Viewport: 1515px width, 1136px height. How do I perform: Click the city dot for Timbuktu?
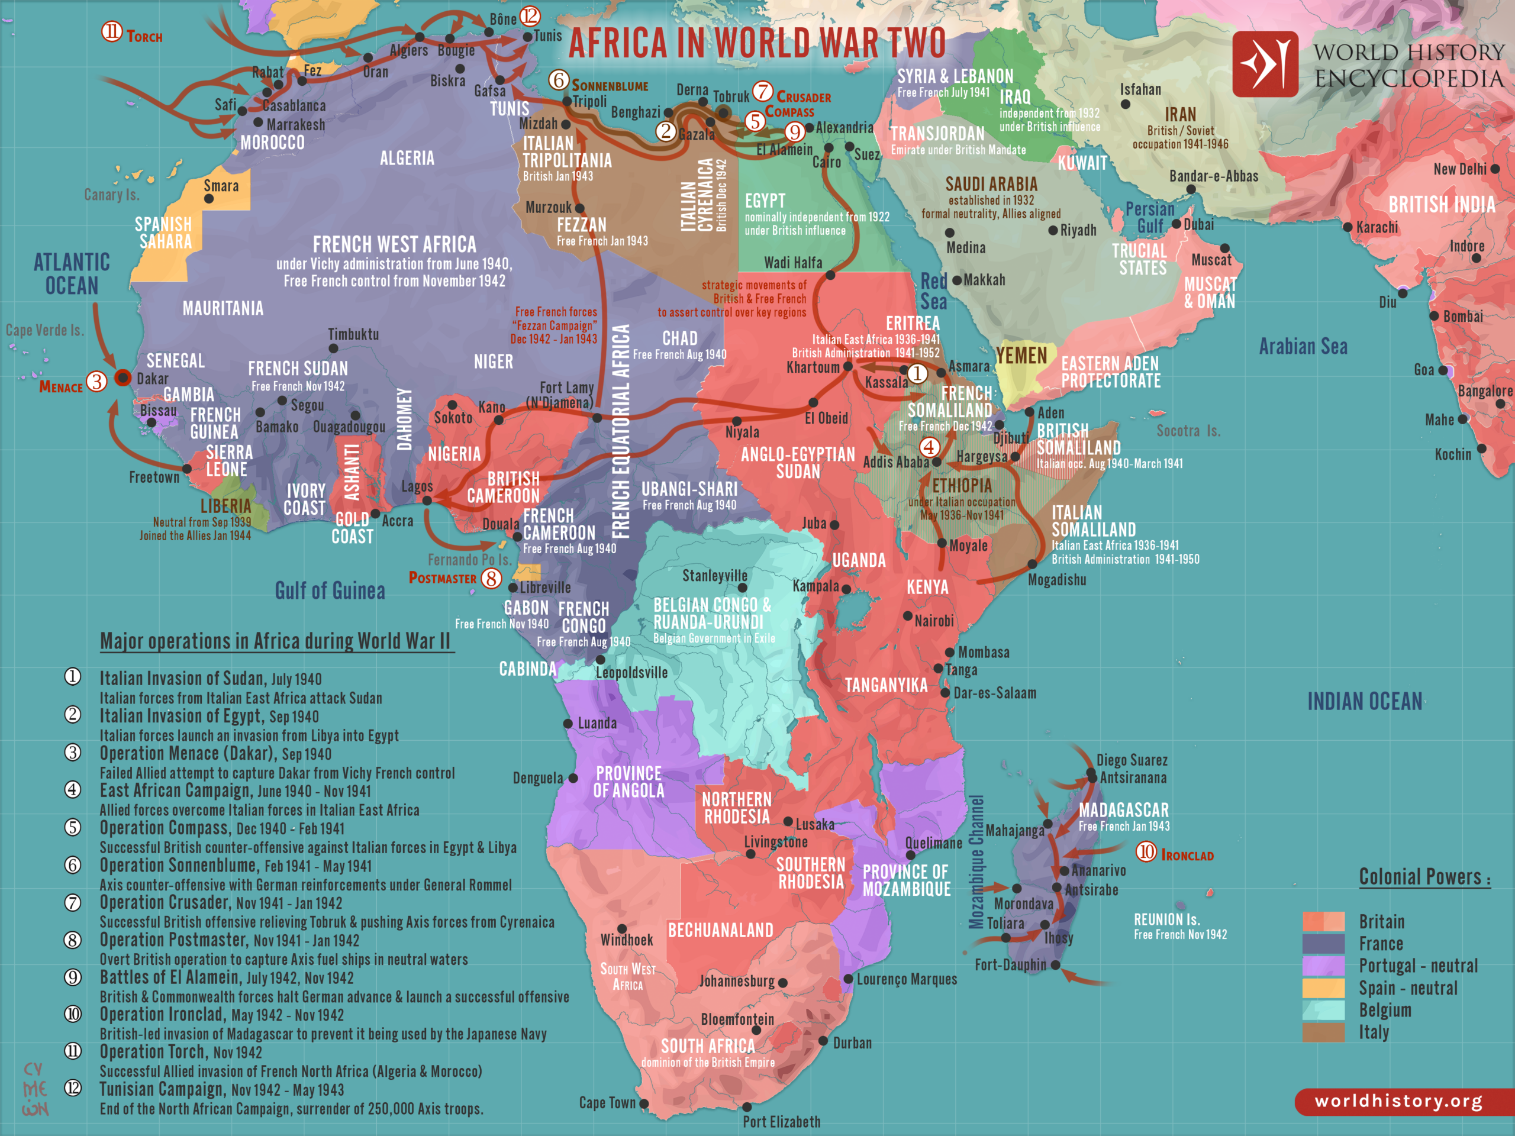point(334,348)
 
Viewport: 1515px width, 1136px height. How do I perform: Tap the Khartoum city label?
point(813,367)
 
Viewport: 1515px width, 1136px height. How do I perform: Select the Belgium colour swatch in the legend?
point(1323,1010)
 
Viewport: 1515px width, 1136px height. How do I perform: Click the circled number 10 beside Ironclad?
point(1146,852)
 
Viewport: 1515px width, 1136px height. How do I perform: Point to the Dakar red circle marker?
point(123,377)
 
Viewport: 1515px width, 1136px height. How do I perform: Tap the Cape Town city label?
point(606,1102)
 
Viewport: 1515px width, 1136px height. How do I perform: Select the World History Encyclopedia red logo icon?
point(1264,64)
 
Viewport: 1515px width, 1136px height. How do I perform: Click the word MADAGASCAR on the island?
point(1123,810)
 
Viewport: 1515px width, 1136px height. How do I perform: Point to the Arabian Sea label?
point(1303,347)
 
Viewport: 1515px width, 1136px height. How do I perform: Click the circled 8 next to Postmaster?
point(491,578)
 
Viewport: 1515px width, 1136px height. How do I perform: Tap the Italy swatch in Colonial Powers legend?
point(1323,1032)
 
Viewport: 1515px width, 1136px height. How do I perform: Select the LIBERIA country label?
point(225,506)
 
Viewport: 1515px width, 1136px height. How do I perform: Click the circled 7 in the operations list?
point(73,902)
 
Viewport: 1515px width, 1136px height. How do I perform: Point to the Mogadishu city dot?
point(1032,564)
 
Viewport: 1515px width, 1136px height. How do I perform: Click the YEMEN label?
point(1021,356)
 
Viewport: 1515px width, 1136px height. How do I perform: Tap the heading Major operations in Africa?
point(275,641)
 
